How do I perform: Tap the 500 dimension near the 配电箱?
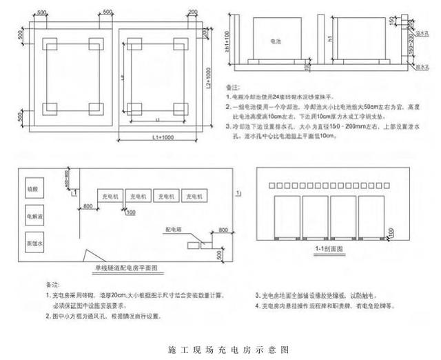pos(219,254)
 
